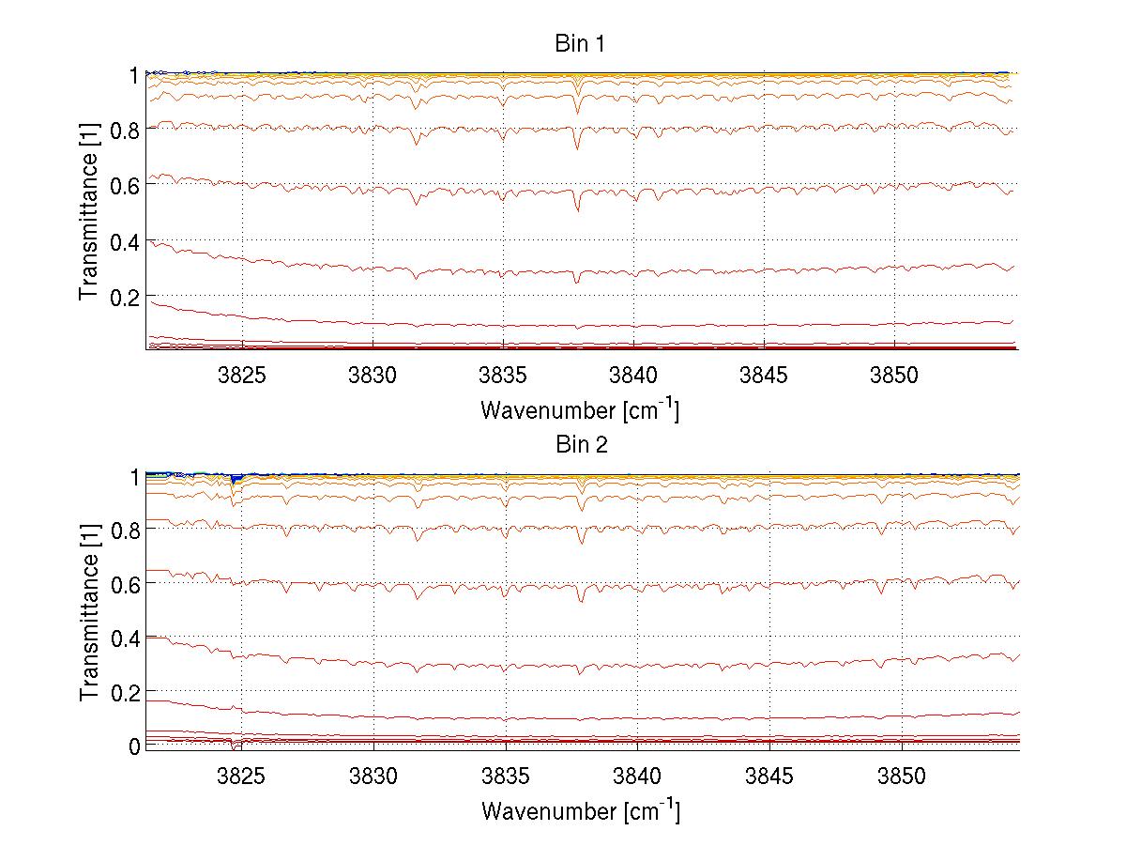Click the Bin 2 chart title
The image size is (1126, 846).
[x=581, y=445]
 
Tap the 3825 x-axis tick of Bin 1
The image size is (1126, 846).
[x=242, y=375]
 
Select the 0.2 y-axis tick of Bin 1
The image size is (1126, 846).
[x=127, y=297]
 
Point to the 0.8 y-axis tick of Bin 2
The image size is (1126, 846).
[x=127, y=530]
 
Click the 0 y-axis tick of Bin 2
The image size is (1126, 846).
[x=134, y=746]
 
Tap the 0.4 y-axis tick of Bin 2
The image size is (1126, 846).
[x=127, y=638]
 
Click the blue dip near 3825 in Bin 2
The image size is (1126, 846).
[x=236, y=479]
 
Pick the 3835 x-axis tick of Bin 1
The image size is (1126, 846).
[x=504, y=375]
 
